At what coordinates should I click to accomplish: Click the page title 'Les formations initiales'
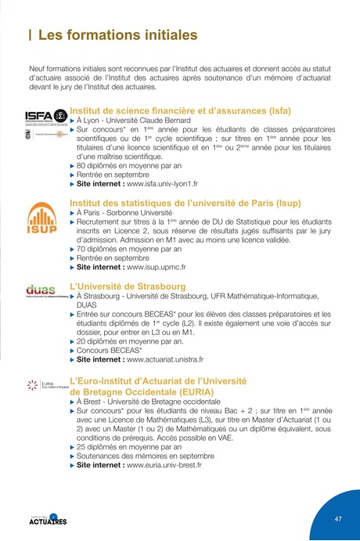point(118,35)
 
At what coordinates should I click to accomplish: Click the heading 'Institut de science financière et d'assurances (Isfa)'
point(180,111)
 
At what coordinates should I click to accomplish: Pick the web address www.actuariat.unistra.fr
point(165,360)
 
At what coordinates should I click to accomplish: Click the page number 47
point(338,519)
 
